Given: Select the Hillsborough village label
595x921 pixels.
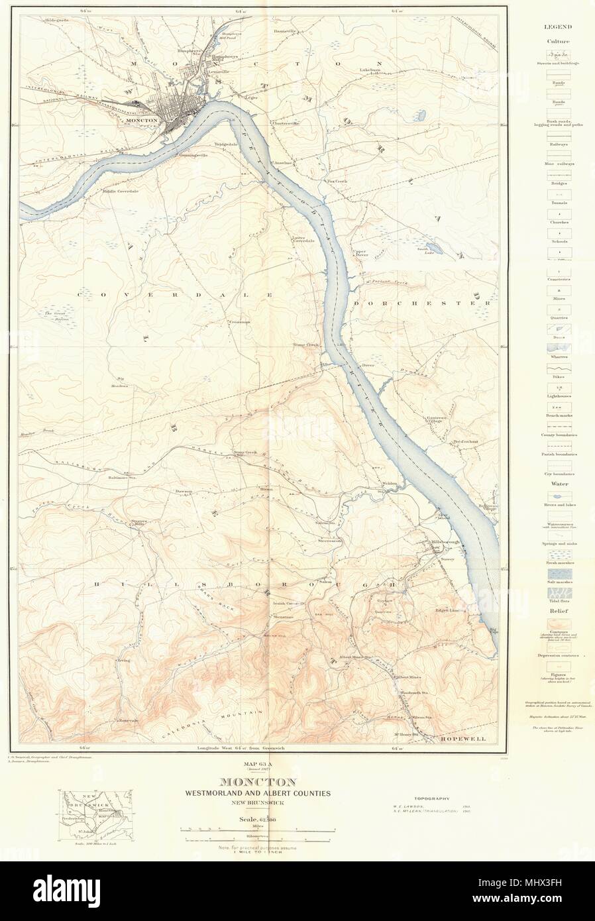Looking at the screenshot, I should tap(445, 542).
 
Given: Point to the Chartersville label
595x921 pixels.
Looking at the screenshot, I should tap(285, 123).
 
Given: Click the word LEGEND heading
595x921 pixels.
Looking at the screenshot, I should tap(559, 28).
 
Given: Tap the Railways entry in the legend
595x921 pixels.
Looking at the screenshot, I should tap(559, 143).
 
